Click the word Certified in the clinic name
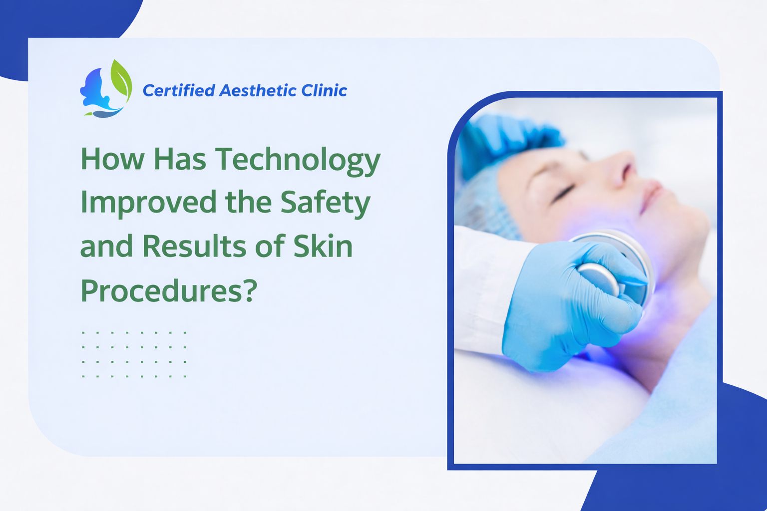click(178, 91)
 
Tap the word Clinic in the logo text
click(324, 91)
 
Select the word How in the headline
click(112, 160)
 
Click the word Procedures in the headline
click(161, 290)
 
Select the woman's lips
click(651, 195)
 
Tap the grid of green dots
click(134, 354)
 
